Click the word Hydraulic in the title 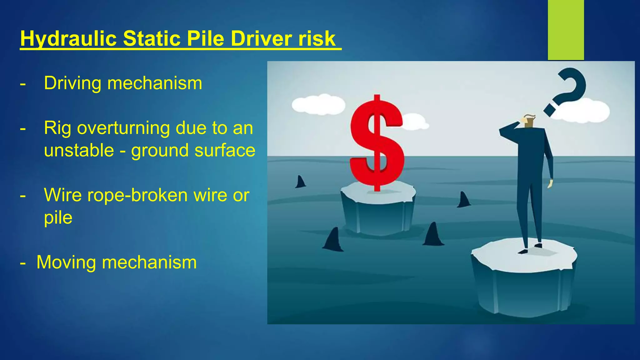(x=68, y=39)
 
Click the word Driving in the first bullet (x=72, y=83)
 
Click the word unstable (x=79, y=150)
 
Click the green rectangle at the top (x=566, y=30)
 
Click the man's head (x=529, y=121)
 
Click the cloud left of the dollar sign (x=318, y=104)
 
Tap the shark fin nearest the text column (x=300, y=182)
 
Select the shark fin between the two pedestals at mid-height (x=463, y=200)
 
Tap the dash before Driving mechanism (x=22, y=84)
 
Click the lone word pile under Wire (x=58, y=218)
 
